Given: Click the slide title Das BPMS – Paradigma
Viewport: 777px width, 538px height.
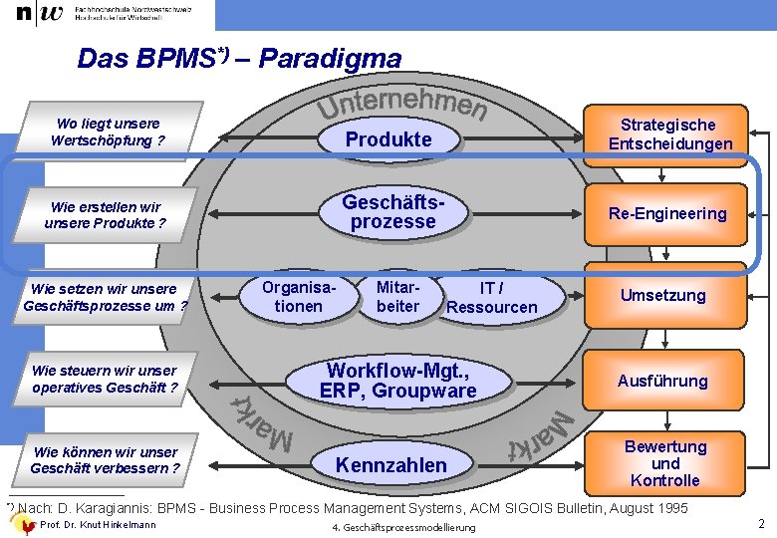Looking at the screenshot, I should pyautogui.click(x=239, y=59).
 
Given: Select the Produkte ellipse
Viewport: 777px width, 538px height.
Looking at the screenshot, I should pyautogui.click(x=388, y=139).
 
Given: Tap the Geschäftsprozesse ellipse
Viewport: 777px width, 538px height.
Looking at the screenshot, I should pyautogui.click(x=392, y=212).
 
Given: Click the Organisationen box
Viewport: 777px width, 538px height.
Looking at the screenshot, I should pyautogui.click(x=298, y=297).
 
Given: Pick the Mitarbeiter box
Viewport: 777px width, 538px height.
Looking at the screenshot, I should pyautogui.click(x=397, y=297).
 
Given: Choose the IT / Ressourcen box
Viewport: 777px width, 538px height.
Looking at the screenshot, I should pyautogui.click(x=491, y=298).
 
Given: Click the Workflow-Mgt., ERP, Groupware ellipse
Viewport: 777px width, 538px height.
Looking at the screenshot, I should pyautogui.click(x=397, y=381).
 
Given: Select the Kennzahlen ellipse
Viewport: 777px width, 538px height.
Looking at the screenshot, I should pyautogui.click(x=391, y=465).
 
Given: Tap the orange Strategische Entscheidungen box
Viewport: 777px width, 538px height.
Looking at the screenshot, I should pyautogui.click(x=667, y=134).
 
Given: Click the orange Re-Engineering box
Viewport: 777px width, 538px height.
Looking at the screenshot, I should pyautogui.click(x=667, y=214).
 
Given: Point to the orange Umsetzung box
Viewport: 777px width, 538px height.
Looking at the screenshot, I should pyautogui.click(x=662, y=296).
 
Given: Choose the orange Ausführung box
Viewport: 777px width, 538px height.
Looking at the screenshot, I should pyautogui.click(x=662, y=381).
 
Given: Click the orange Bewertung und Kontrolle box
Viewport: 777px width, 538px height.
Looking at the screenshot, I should pyautogui.click(x=664, y=463).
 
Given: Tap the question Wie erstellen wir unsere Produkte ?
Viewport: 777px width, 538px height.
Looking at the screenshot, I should pyautogui.click(x=105, y=215).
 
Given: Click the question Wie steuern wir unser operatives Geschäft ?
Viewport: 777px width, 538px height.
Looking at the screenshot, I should pyautogui.click(x=105, y=379).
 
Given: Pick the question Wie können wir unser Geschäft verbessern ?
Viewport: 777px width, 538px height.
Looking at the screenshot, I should pyautogui.click(x=105, y=460).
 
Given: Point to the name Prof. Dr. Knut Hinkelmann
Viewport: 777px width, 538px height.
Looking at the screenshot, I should pyautogui.click(x=97, y=525).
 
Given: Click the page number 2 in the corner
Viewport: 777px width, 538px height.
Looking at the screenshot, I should pyautogui.click(x=761, y=524).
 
